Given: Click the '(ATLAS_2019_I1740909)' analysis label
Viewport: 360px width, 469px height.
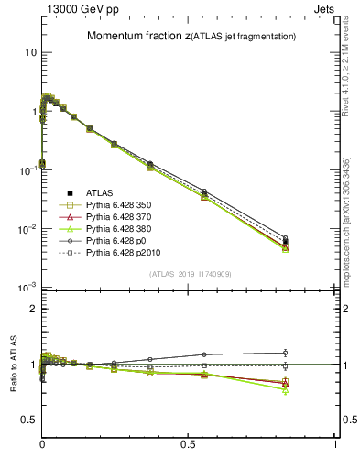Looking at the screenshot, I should pyautogui.click(x=189, y=274).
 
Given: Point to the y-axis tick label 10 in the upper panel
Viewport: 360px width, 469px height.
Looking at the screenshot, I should pyautogui.click(x=30, y=52).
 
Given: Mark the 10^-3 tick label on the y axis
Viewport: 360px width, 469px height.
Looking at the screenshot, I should pyautogui.click(x=27, y=288).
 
